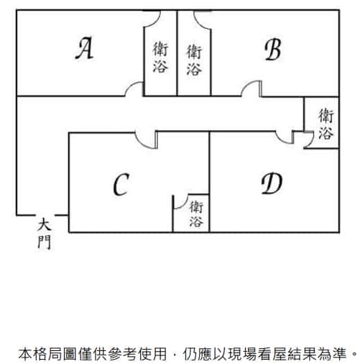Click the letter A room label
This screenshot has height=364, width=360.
pyautogui.click(x=84, y=48)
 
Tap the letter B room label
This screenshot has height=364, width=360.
pyautogui.click(x=273, y=50)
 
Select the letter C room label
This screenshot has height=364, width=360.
pyautogui.click(x=121, y=184)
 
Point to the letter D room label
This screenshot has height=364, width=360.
pyautogui.click(x=272, y=183)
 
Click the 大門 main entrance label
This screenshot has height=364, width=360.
pyautogui.click(x=45, y=234)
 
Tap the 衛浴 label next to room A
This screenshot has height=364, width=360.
pyautogui.click(x=160, y=57)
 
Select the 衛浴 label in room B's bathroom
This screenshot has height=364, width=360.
pyautogui.click(x=194, y=60)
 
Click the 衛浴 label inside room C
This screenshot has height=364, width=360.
pyautogui.click(x=196, y=214)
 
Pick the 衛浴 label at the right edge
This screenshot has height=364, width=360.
pyautogui.click(x=326, y=124)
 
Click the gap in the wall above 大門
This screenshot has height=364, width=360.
pyautogui.click(x=45, y=215)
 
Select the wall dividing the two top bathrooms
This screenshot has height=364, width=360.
pyautogui.click(x=177, y=53)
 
